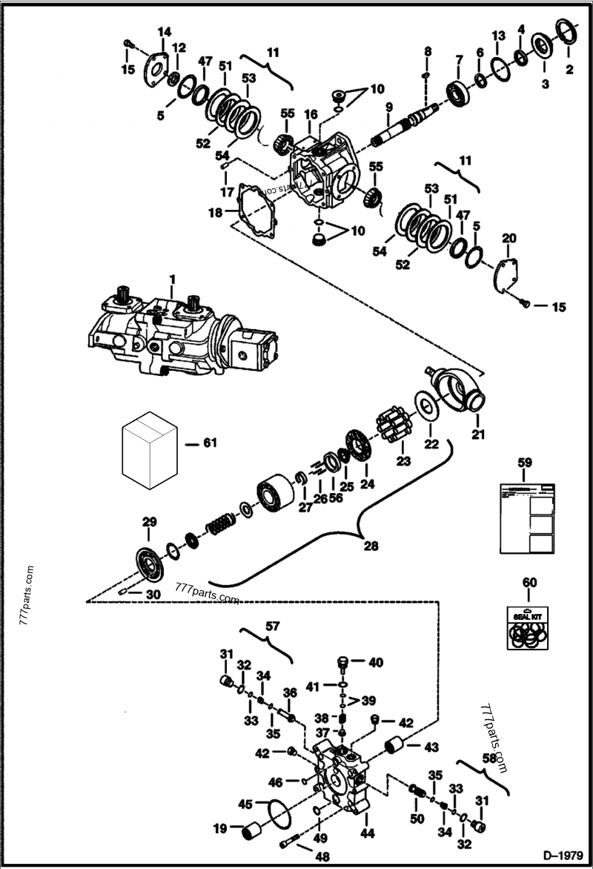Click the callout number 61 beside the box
[210, 443]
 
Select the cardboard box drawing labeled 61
[150, 449]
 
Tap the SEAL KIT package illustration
[527, 627]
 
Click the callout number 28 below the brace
[371, 546]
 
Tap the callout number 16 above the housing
[311, 114]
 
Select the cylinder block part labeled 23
[393, 428]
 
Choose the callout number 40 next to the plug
[376, 663]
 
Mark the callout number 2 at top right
[569, 70]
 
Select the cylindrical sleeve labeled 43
[394, 744]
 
